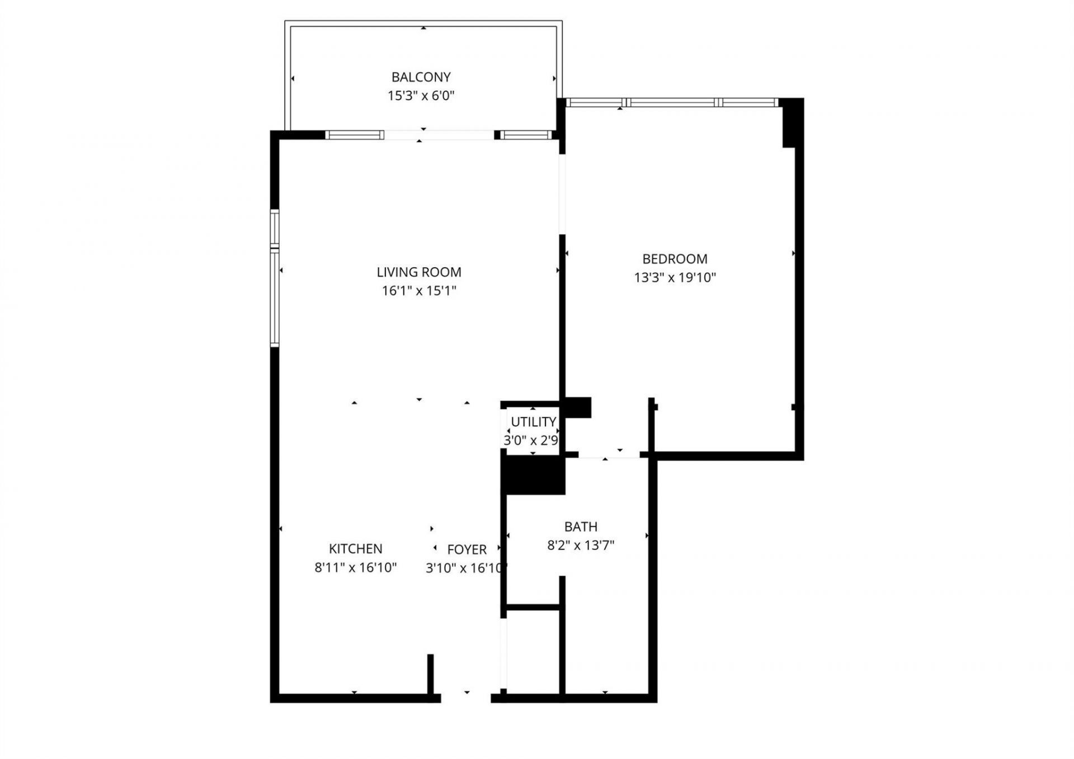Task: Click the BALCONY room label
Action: tap(421, 77)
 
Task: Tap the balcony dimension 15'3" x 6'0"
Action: tap(421, 96)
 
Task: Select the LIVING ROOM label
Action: tap(419, 272)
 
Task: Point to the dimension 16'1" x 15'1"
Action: tap(419, 291)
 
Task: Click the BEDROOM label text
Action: tap(675, 259)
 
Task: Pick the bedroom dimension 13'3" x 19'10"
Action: tap(675, 277)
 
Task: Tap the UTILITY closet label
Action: tap(533, 422)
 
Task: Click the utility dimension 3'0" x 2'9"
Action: tap(531, 440)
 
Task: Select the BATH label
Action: tap(581, 526)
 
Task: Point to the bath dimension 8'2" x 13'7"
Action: tap(581, 545)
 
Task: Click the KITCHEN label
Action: tap(355, 549)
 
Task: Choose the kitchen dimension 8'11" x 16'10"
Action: tap(355, 568)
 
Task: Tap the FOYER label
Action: tap(467, 549)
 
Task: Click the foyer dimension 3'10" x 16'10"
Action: tap(466, 568)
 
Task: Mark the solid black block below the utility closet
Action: tap(534, 475)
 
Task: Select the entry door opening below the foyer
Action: tap(466, 698)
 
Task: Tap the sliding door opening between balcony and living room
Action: tap(439, 135)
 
